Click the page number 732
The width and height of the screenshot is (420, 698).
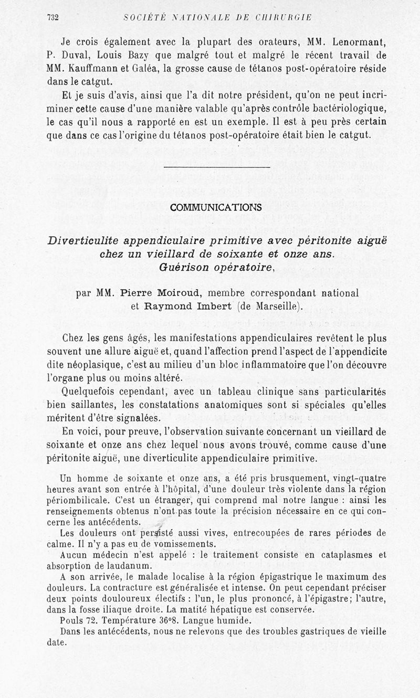pos(52,17)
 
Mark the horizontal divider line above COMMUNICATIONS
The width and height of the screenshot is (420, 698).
pos(217,167)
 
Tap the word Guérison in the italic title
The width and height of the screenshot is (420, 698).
pos(183,266)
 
